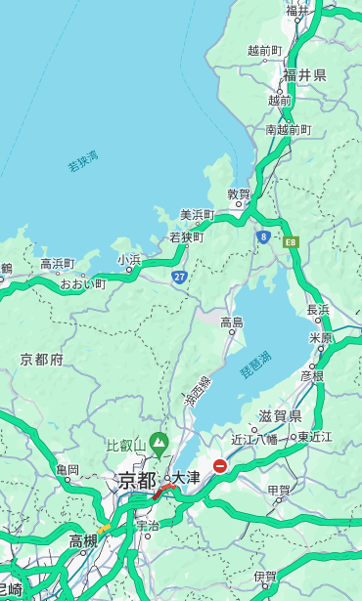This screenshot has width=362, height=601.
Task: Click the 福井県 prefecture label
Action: pos(305,75)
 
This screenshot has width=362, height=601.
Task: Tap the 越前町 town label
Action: pos(265,51)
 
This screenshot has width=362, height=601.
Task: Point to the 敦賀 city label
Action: pos(239,194)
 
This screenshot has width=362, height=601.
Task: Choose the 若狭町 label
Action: pos(186,236)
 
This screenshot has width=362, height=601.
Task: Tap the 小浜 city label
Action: pos(129,260)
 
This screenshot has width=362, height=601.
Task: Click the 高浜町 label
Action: pos(57,264)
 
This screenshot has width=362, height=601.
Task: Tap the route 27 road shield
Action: pos(179,277)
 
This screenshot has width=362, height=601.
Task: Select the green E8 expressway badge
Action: pos(291,240)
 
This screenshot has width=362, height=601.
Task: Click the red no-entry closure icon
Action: pos(221,466)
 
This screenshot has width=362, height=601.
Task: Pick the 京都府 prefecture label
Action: pos(42,360)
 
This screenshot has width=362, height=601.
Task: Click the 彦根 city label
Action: pos(311,375)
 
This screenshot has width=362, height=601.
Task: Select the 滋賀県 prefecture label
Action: pos(280,416)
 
